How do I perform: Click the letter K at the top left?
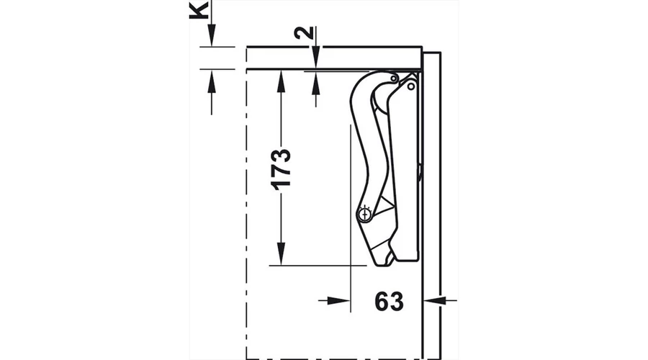point(199,9)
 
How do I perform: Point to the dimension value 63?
point(389,301)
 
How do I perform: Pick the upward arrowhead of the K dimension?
point(212,80)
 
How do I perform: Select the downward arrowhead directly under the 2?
point(316,57)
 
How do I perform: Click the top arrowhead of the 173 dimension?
point(281,81)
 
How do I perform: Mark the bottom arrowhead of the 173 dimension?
point(281,253)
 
